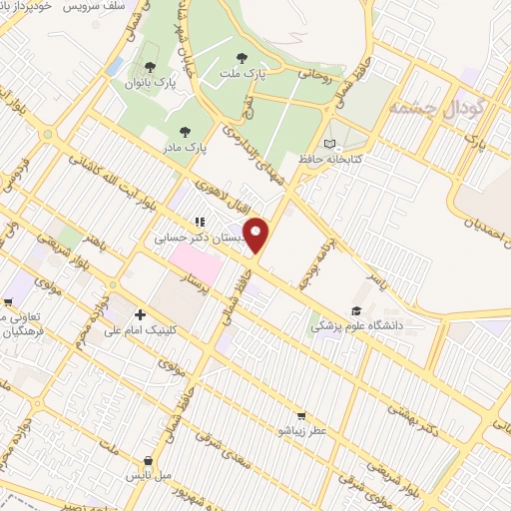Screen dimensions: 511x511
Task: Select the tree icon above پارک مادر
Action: (184, 131)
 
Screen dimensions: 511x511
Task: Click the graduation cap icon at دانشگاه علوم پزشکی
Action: (356, 310)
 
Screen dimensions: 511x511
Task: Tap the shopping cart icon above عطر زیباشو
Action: (300, 417)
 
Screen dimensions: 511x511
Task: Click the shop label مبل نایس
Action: (152, 477)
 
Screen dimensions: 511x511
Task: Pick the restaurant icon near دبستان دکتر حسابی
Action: (200, 222)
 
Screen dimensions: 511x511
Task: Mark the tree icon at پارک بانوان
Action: (150, 68)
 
